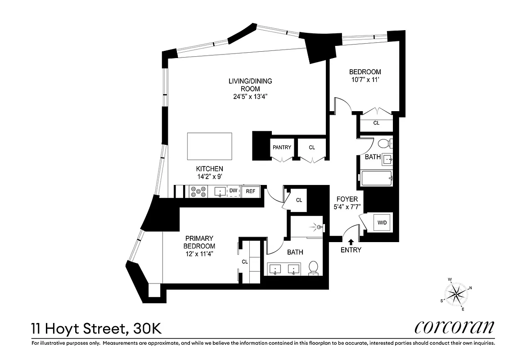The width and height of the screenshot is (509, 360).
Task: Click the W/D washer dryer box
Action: click(x=382, y=222)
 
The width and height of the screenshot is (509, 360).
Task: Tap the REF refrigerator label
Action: click(x=250, y=191)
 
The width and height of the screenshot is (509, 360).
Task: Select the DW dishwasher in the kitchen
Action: click(x=233, y=191)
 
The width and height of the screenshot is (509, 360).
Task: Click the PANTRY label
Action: click(x=282, y=148)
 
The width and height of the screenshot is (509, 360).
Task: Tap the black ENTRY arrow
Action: click(x=351, y=242)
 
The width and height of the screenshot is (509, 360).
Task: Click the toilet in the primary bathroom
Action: click(x=313, y=268)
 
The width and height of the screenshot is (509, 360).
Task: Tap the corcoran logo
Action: click(x=454, y=327)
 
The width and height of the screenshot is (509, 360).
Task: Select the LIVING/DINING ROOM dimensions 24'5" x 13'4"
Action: click(x=244, y=97)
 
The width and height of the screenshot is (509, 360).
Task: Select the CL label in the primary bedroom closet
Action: click(x=245, y=261)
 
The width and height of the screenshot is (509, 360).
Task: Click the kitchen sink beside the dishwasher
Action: click(x=220, y=192)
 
